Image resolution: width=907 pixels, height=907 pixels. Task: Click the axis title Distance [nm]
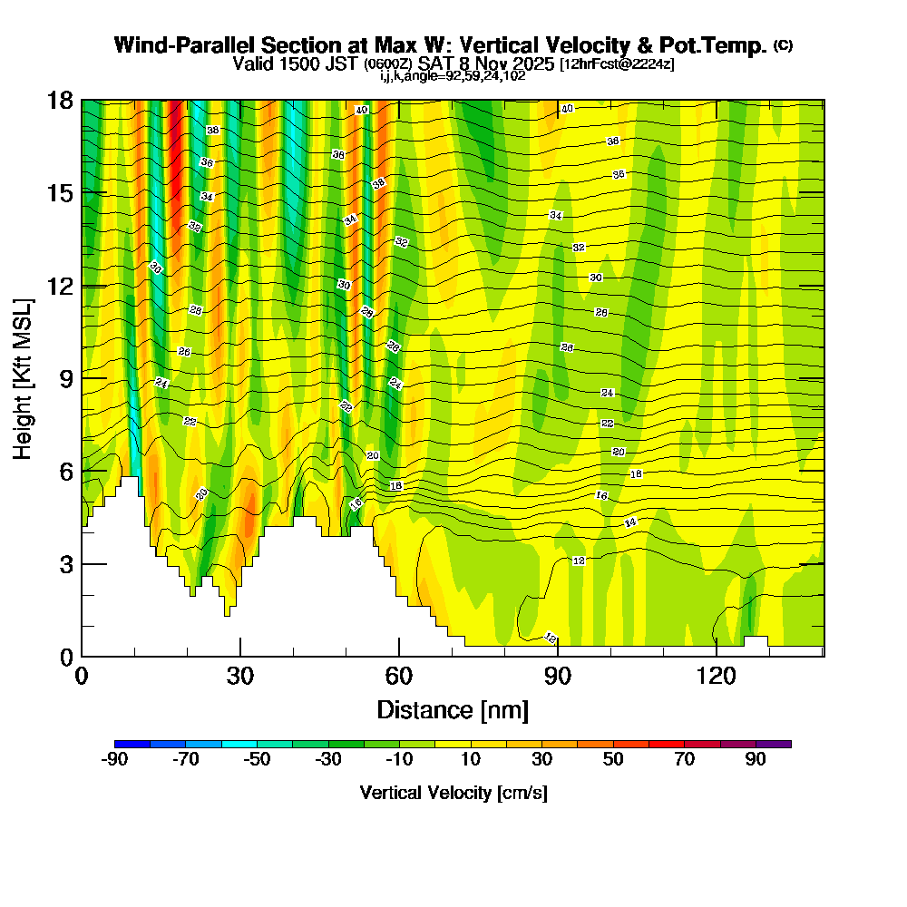tap(453, 708)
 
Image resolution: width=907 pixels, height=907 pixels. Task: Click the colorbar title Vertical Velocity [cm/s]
tap(453, 793)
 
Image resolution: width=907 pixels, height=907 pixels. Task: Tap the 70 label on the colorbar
tap(684, 760)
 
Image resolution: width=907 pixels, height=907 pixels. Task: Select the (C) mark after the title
tap(784, 44)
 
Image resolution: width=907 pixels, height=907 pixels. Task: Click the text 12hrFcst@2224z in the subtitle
tap(617, 64)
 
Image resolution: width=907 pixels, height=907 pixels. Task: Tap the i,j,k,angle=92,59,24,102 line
tap(453, 75)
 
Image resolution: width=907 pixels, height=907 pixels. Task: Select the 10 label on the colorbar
tap(470, 760)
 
